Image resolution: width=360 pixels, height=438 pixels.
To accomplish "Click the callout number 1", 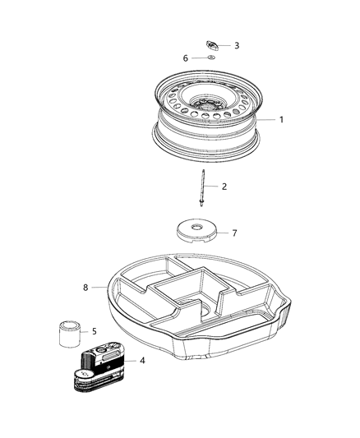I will point(281,120).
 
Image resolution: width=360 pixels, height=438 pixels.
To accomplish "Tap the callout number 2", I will point(224,187).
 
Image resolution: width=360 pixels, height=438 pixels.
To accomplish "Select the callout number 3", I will point(237,46).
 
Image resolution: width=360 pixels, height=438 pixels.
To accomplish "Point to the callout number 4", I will point(142,359).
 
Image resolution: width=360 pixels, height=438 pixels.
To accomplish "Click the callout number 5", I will point(94,332).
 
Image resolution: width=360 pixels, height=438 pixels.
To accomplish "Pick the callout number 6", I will point(186,58).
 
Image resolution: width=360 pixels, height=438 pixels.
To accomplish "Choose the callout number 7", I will point(233,233).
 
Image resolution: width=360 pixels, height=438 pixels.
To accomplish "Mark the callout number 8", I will point(84,288).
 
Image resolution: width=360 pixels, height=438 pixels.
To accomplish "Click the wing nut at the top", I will point(212,44).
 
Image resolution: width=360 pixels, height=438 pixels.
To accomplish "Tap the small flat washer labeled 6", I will point(210,58).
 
